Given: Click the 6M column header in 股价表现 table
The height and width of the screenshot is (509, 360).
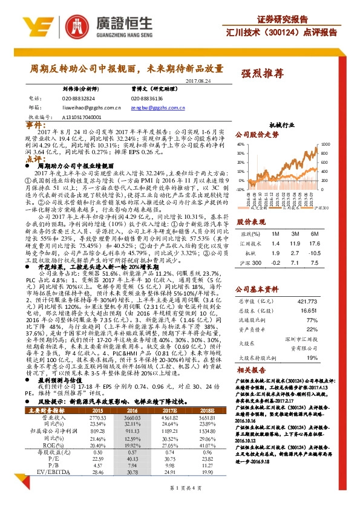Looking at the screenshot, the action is click(314, 233).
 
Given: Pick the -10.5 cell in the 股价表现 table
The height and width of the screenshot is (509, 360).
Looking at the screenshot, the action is click(313, 255).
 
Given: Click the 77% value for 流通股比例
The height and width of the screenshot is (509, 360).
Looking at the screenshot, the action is click(313, 319).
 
